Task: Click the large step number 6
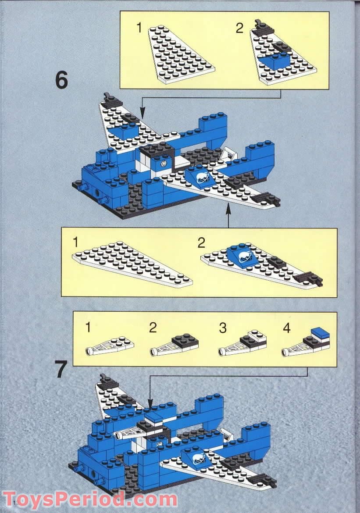pyautogui.click(x=62, y=80)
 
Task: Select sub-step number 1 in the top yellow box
pyautogui.click(x=139, y=28)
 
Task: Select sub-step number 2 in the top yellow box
pyautogui.click(x=239, y=28)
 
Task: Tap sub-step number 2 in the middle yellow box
pyautogui.click(x=201, y=242)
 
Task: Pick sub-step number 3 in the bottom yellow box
pyautogui.click(x=223, y=327)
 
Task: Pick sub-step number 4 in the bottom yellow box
pyautogui.click(x=286, y=328)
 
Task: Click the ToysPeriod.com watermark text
pyautogui.click(x=90, y=499)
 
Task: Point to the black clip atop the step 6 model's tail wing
pyautogui.click(x=106, y=96)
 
